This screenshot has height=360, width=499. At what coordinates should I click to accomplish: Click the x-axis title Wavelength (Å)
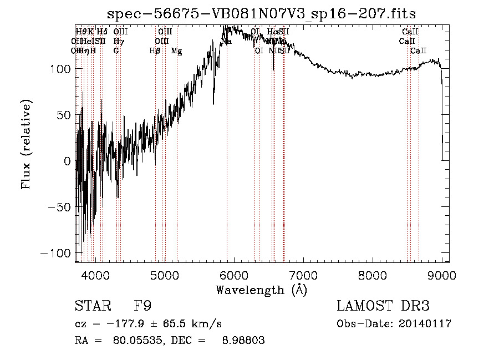(261, 290)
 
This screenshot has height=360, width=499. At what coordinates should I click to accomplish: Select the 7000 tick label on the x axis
(303, 275)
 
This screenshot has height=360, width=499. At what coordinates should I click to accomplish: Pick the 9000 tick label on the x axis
(442, 275)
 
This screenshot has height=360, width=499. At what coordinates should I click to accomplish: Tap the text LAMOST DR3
(383, 306)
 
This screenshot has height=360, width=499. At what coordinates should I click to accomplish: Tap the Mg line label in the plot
(176, 51)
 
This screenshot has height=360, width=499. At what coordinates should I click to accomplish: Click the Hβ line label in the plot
(155, 51)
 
